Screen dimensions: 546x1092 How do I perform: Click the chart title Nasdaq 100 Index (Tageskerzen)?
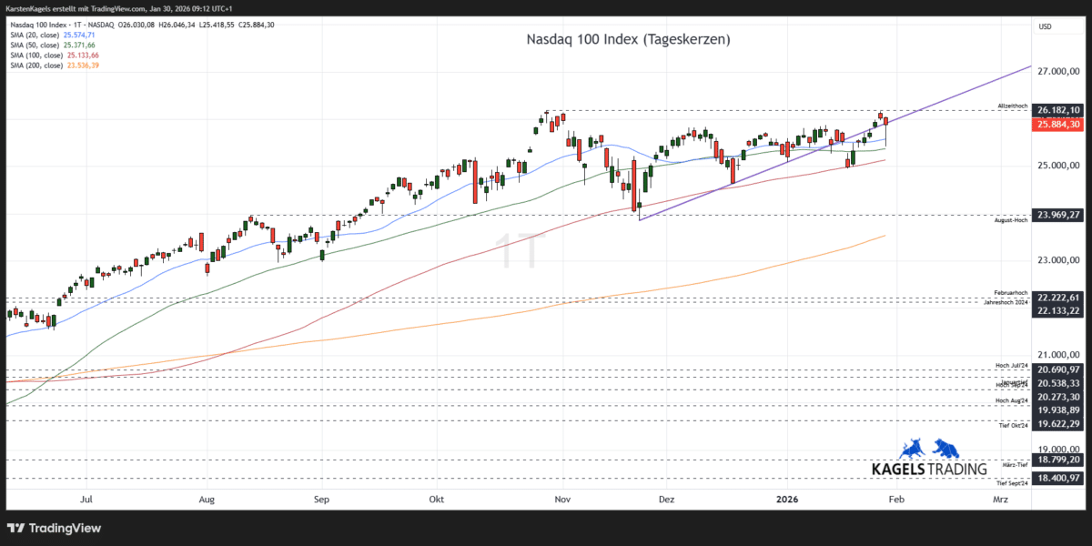[629, 40]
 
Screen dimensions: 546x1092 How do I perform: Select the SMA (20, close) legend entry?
[53, 35]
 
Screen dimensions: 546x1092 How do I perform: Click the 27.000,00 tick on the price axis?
[1058, 71]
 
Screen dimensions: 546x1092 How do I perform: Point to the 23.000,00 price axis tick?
[1058, 260]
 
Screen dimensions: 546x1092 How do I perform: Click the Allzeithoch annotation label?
[1012, 106]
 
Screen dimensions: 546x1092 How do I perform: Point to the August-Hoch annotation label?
[1011, 220]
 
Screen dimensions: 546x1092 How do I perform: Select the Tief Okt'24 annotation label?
[1012, 425]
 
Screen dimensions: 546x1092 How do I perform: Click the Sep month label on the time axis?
[320, 499]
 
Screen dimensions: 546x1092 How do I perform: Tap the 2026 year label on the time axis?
[788, 499]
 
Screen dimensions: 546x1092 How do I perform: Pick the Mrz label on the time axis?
[1000, 499]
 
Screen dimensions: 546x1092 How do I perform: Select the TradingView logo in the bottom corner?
[55, 528]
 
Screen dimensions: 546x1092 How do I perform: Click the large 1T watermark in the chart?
[520, 249]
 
